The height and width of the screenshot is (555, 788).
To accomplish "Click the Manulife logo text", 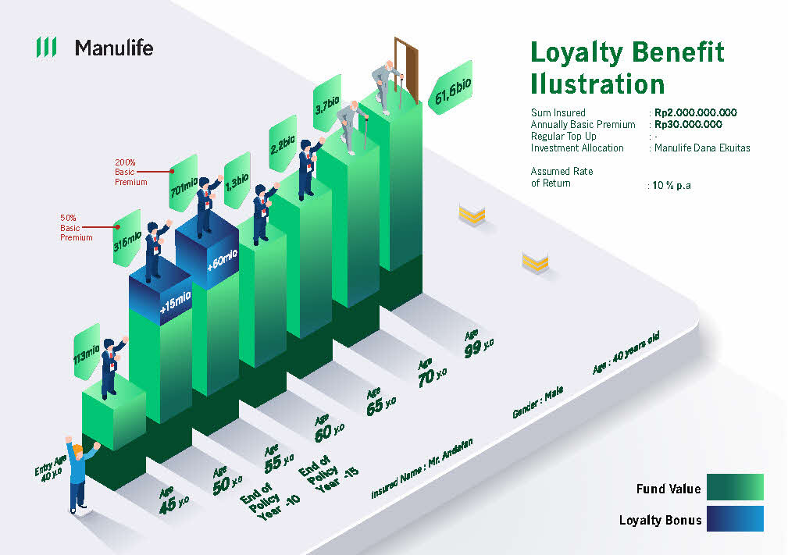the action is [114, 48].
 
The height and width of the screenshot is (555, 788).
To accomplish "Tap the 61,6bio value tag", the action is [451, 88].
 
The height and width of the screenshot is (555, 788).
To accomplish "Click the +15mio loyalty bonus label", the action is [176, 301].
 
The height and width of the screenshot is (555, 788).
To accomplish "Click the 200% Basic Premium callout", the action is [130, 173].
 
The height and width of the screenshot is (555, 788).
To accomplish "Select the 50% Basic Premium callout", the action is [76, 227].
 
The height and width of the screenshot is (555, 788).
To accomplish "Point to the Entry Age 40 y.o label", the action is [50, 468].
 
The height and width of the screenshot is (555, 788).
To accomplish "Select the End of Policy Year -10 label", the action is [269, 500].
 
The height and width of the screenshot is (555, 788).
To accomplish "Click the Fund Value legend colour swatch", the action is [735, 486].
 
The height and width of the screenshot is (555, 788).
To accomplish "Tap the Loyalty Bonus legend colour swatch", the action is [735, 518].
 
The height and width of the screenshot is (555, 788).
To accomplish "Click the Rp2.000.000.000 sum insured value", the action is [695, 112].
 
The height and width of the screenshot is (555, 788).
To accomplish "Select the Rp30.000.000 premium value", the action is [688, 124].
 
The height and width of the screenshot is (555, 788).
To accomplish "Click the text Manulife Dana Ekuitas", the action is [702, 148].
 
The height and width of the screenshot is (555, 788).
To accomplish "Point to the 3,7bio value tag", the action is [327, 104].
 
